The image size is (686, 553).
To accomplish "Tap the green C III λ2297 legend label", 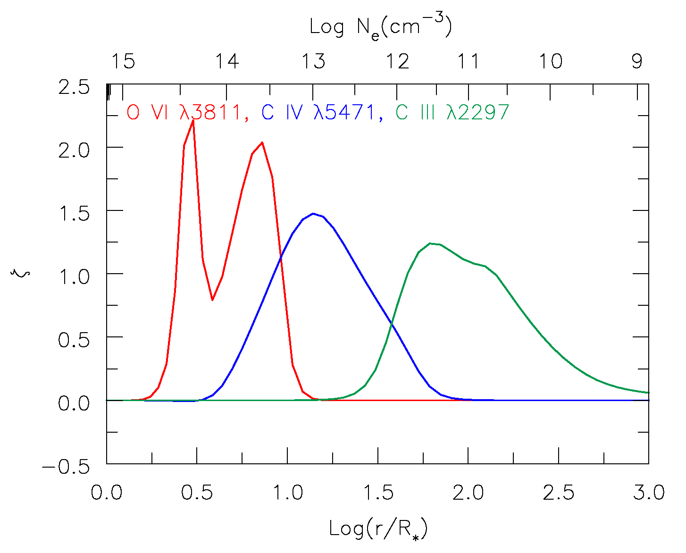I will point(452,113).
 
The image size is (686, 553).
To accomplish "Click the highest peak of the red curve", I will point(193,121).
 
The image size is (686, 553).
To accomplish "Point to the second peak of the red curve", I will point(262,142).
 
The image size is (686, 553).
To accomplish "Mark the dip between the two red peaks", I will point(213,300).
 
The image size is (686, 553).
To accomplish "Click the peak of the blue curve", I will point(313,213).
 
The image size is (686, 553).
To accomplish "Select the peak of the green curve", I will point(430,243).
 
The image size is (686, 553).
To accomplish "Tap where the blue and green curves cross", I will point(391,323).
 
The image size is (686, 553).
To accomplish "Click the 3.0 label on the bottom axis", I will point(648,493).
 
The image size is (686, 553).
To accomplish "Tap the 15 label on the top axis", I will point(123,61).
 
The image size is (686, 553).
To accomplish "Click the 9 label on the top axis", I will point(637,61).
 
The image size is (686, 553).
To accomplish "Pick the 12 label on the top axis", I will point(398,61).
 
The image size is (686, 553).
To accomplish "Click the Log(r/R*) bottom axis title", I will point(378,528).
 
